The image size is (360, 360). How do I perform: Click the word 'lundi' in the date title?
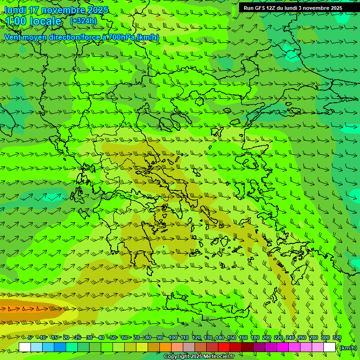click(x=15, y=10)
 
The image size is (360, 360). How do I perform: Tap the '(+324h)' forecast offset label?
click(x=83, y=21)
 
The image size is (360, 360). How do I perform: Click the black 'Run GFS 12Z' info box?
click(x=292, y=8)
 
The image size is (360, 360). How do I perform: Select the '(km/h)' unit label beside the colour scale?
click(x=347, y=347)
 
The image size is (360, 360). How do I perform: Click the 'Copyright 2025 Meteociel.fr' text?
click(x=199, y=357)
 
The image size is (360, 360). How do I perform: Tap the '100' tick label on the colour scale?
click(x=173, y=337)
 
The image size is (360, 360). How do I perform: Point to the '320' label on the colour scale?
click(x=337, y=337)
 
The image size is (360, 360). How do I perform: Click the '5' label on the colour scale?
click(x=31, y=337)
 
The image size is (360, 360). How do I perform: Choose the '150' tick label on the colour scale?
click(x=232, y=337)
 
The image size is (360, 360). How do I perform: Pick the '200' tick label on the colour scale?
click(x=267, y=337)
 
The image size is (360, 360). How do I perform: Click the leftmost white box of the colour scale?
click(x=25, y=347)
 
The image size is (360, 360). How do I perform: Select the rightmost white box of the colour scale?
click(x=330, y=347)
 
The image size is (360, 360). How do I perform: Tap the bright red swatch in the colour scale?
click(x=224, y=347)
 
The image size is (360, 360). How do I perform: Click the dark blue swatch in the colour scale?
click(x=60, y=347)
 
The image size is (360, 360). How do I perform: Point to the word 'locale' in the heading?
click(x=45, y=21)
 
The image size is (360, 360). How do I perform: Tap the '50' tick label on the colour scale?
click(x=113, y=337)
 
